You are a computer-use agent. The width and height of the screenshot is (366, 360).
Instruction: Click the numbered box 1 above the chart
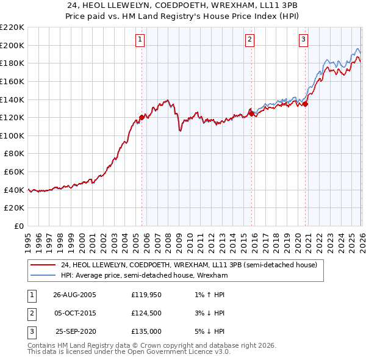140,40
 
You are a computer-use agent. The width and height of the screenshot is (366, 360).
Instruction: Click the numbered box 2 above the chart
250,40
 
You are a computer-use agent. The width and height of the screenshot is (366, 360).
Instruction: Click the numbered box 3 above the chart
304,40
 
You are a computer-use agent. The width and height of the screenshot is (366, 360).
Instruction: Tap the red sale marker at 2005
142,117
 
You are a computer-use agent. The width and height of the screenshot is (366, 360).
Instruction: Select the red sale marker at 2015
251,113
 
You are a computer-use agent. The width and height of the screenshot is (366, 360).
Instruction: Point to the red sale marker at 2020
306,104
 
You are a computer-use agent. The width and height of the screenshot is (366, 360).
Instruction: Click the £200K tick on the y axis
12,45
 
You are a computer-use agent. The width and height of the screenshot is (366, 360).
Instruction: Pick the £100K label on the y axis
12,135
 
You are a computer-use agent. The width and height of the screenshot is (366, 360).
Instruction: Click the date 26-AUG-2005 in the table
74,295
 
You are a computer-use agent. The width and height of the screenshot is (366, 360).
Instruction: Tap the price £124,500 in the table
146,313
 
